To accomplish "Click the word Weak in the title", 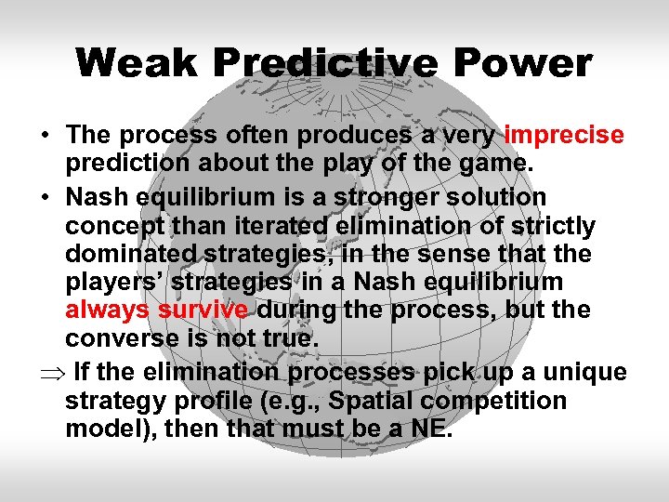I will pos(138,63).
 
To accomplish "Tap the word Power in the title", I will pos(528,63).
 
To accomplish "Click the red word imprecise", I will pos(564,136).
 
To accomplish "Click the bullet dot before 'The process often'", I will pos(45,136).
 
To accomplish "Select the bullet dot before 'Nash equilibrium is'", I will pos(45,198).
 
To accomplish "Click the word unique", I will pos(585,373).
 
